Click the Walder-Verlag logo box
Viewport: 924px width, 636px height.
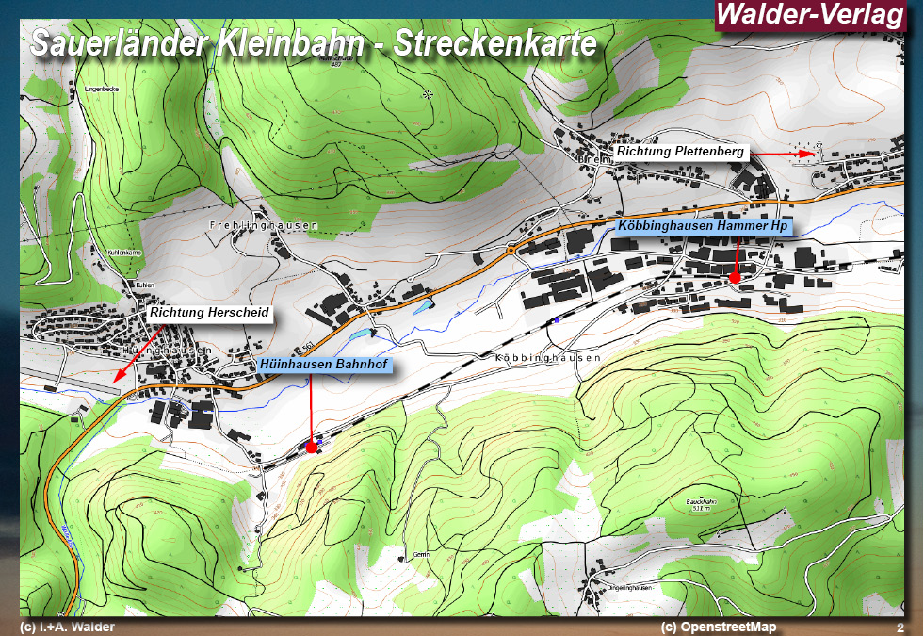811,15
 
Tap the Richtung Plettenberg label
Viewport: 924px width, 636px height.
680,152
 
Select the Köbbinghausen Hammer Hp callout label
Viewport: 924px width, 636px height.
703,226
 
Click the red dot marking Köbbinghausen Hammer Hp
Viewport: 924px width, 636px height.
735,278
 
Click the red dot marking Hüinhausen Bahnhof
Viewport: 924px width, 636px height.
312,448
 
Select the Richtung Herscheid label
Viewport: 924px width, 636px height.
209,313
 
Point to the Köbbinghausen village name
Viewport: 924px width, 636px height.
547,359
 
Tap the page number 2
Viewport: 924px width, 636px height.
900,628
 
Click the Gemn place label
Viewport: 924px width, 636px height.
421,555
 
